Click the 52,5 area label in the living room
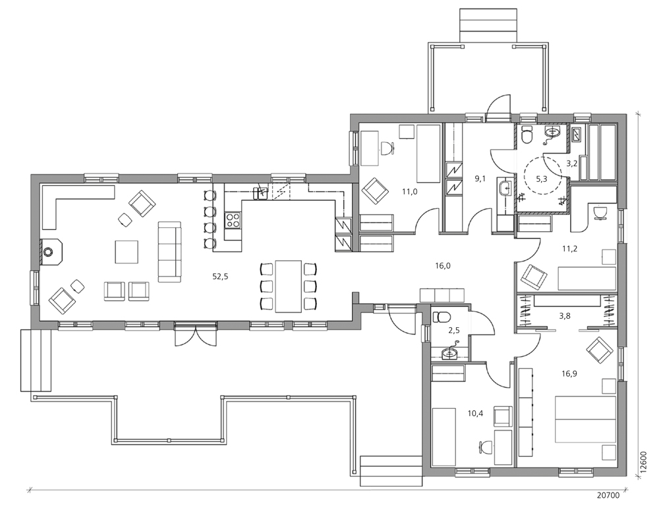click(x=220, y=277)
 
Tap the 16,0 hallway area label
click(x=443, y=265)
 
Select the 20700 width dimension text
click(x=608, y=496)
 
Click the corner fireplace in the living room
click(x=51, y=252)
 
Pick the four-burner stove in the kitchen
click(x=233, y=220)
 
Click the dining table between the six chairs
click(x=289, y=286)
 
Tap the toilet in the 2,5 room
click(x=442, y=316)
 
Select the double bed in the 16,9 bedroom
click(x=585, y=419)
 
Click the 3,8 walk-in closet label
click(x=565, y=316)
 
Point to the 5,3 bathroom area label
click(x=542, y=179)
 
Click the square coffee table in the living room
click(x=127, y=252)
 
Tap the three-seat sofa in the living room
click(x=169, y=252)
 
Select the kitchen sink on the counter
click(x=261, y=192)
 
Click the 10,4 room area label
click(x=475, y=414)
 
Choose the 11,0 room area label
click(x=409, y=192)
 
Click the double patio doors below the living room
click(x=196, y=333)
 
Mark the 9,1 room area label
click(x=480, y=178)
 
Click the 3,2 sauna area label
click(x=571, y=163)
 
